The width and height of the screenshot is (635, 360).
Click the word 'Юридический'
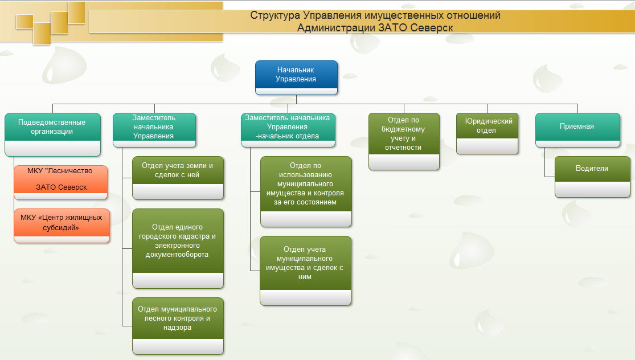pyautogui.click(x=489, y=121)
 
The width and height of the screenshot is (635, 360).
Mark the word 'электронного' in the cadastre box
pyautogui.click(x=178, y=246)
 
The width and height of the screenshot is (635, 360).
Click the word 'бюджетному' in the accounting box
pyautogui.click(x=404, y=129)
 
